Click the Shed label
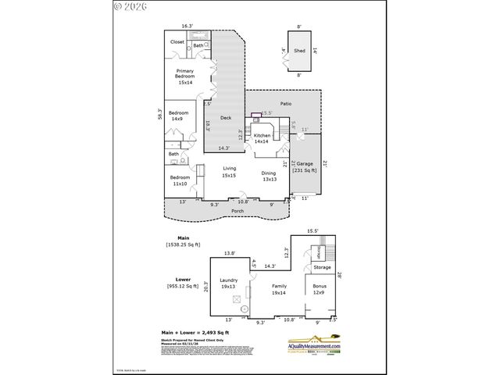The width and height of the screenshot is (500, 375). (299, 50)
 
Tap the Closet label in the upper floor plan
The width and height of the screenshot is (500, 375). (177, 42)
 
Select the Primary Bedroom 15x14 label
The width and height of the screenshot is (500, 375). (184, 77)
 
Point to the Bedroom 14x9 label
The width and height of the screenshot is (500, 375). (180, 116)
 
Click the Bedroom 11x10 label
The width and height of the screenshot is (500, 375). (180, 180)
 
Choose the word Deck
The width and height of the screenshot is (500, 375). (225, 118)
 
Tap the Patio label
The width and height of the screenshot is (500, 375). (286, 103)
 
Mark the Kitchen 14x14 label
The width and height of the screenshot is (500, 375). (262, 138)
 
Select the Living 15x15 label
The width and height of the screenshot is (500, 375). (229, 171)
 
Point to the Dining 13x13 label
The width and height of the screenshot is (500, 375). (269, 176)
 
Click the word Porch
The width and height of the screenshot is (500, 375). (237, 211)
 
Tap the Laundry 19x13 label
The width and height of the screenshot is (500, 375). (229, 283)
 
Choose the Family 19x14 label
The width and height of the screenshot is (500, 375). (279, 290)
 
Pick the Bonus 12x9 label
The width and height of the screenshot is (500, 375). (320, 290)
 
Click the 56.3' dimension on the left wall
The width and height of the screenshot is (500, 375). (160, 114)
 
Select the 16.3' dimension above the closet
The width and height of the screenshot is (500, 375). (186, 25)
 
